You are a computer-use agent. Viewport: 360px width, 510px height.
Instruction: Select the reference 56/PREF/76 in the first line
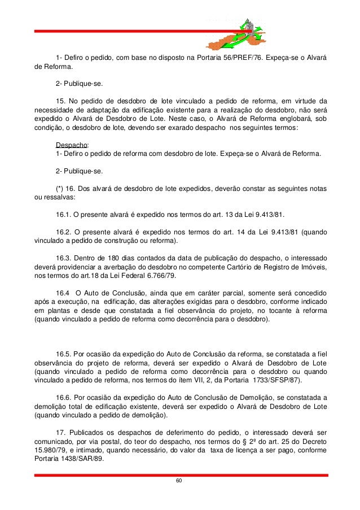click(244, 58)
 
